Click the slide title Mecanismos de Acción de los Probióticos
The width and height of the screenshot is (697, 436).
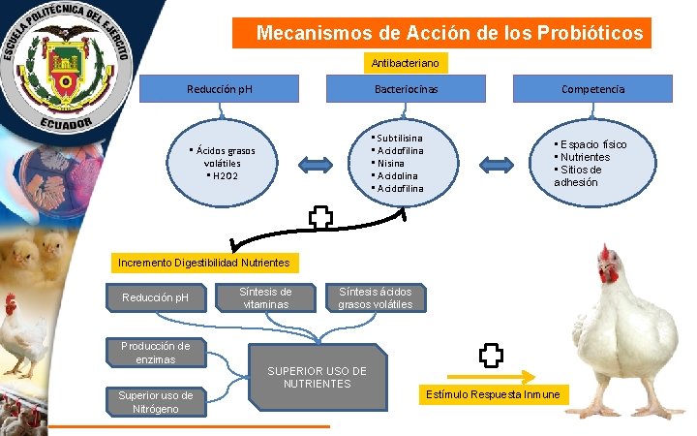449,34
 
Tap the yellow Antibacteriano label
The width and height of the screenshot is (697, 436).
406,63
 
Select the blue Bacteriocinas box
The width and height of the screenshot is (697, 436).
406,89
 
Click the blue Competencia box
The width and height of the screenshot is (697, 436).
592,89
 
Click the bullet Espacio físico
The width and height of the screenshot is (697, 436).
591,144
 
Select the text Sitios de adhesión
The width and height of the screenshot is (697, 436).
579,175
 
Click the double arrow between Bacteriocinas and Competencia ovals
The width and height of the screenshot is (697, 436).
500,162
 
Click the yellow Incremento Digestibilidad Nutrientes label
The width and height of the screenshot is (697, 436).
202,263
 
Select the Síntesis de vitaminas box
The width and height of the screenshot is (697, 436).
265,297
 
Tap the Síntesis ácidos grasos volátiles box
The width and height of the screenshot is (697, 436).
375,297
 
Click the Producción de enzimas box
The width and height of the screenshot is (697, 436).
155,353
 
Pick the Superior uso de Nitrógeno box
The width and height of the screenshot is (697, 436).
155,401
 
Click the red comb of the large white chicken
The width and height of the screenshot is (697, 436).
608,256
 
